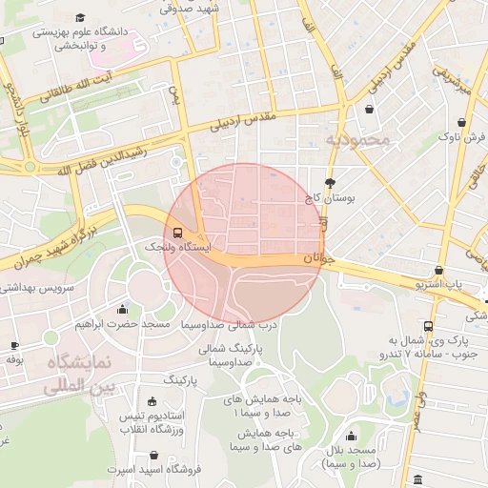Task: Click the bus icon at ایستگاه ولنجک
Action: pyautogui.click(x=178, y=232)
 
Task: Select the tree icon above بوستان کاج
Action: pyautogui.click(x=330, y=183)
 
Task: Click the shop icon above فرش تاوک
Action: pyautogui.click(x=462, y=123)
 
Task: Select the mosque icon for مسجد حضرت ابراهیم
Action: pyautogui.click(x=122, y=309)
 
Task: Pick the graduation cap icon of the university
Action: pyautogui.click(x=80, y=18)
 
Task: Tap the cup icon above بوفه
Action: pyautogui.click(x=14, y=345)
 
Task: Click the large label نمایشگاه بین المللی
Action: pyautogui.click(x=80, y=375)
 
